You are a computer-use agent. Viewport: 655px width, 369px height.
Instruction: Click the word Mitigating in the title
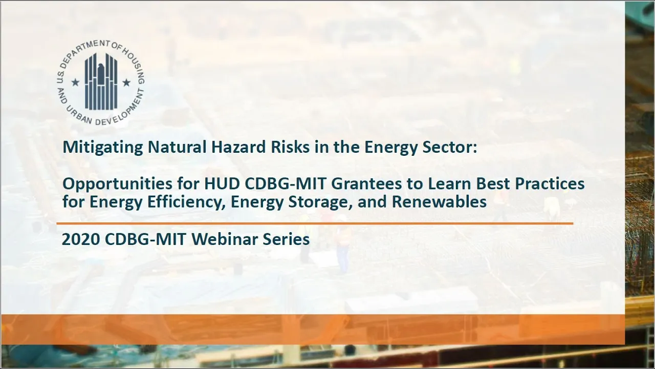click(x=103, y=148)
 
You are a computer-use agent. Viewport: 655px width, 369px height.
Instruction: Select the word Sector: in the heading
click(x=450, y=147)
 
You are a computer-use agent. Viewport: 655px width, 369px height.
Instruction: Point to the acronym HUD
click(x=222, y=184)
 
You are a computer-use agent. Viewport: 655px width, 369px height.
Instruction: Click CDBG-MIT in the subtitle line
click(x=286, y=184)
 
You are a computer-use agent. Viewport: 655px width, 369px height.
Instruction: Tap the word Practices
click(x=550, y=184)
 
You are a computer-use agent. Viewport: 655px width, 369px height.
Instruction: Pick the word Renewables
click(x=439, y=202)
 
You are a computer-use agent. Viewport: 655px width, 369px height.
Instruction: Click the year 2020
click(x=81, y=239)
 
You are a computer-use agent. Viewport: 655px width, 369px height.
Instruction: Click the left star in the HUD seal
click(x=75, y=83)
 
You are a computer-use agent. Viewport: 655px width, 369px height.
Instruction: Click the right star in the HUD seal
click(x=126, y=83)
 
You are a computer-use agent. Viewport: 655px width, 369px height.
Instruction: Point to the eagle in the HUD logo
click(x=101, y=74)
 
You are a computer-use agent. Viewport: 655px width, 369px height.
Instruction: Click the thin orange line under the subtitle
click(x=315, y=223)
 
